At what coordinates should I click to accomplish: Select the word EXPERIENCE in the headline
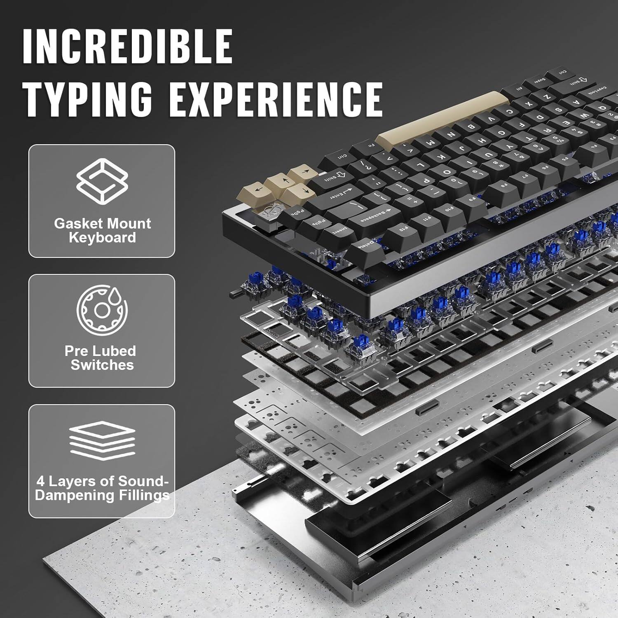(x=276, y=99)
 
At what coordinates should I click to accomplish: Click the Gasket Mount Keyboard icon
(x=102, y=181)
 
